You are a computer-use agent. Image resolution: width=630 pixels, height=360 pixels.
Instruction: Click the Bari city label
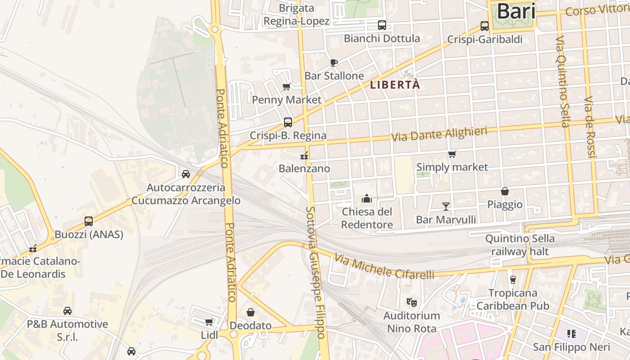tap(516, 11)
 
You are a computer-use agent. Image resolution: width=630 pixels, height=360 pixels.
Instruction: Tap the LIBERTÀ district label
tap(395, 85)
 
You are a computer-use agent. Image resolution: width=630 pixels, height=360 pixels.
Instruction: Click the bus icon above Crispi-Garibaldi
tap(485, 26)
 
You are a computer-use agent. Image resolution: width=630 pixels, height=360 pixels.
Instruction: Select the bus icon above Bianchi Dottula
tap(382, 25)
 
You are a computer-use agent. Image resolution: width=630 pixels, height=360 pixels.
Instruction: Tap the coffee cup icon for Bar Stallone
tap(333, 63)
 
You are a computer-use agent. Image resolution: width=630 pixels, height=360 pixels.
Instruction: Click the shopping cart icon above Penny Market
tap(286, 86)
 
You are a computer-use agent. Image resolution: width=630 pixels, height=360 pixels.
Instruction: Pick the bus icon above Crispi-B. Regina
tap(288, 122)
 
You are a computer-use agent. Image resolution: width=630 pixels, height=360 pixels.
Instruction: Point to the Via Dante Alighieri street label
tap(439, 134)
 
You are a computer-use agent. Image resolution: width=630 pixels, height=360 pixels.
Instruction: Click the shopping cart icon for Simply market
tap(452, 154)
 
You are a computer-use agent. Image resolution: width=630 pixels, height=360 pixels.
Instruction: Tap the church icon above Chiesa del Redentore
tap(367, 198)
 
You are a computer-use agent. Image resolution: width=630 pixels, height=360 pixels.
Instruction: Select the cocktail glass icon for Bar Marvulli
tap(446, 206)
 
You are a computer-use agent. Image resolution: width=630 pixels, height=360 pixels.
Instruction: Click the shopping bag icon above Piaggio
tap(505, 191)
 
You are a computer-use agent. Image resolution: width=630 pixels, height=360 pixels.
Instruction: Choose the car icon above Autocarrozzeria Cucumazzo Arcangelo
tap(185, 174)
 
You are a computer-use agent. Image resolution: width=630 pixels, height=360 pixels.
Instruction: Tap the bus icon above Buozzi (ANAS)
tap(89, 221)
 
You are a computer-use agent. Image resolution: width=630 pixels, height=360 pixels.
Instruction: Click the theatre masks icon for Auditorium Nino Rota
tap(411, 302)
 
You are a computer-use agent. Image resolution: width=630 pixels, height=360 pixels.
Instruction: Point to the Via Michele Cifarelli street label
tap(385, 266)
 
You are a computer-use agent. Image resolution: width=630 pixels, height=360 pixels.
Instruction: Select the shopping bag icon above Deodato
tap(251, 312)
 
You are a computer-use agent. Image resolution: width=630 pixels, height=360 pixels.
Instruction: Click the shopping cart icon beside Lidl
tap(209, 322)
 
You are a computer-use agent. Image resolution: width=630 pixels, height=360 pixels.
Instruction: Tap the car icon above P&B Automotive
tap(67, 310)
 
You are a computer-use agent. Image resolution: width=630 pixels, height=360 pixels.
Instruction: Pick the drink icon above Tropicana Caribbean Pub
tap(513, 279)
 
